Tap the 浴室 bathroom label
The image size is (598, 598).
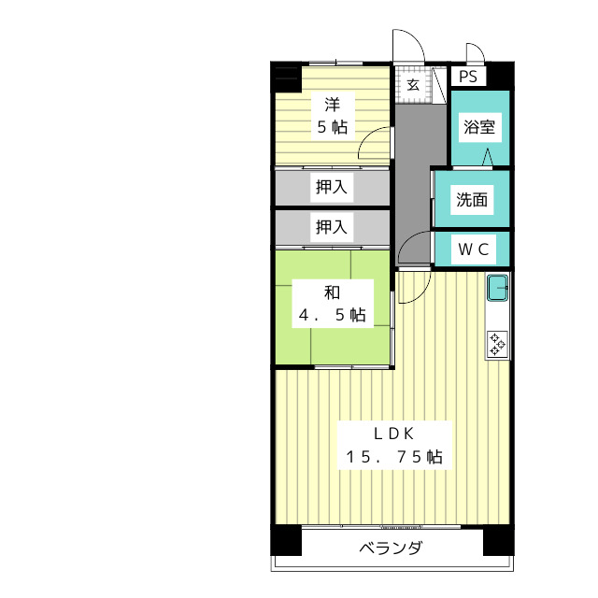click(x=479, y=127)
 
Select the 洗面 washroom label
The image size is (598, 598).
click(x=472, y=199)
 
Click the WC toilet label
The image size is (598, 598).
click(x=472, y=249)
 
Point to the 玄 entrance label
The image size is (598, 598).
click(x=412, y=84)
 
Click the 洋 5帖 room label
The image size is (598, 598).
click(x=331, y=115)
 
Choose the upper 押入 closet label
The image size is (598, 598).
click(x=331, y=187)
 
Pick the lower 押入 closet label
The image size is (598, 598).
click(x=331, y=226)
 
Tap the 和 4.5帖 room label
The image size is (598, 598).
click(x=331, y=304)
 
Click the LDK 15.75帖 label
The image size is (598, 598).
click(x=394, y=446)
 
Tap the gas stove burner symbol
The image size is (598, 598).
click(x=498, y=344)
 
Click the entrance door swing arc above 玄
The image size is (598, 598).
click(x=407, y=47)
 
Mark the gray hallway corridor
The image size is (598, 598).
click(x=411, y=168)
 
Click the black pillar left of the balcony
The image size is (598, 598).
click(x=286, y=541)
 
